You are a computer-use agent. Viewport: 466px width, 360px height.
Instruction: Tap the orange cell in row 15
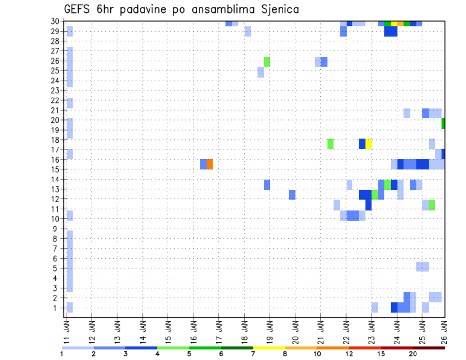210,164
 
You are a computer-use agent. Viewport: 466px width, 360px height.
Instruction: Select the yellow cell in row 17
368,144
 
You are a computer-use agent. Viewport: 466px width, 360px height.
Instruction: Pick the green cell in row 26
267,62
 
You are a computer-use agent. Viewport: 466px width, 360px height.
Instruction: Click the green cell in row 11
432,205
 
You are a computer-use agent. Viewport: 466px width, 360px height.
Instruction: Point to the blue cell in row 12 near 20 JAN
292,195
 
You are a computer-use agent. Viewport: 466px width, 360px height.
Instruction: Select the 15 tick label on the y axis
56,169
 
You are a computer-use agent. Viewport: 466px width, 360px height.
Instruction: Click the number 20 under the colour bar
413,354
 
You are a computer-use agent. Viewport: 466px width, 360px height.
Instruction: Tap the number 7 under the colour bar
253,354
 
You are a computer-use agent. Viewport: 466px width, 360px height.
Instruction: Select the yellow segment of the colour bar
269,348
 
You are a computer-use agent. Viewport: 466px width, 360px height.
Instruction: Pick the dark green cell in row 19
443,124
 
